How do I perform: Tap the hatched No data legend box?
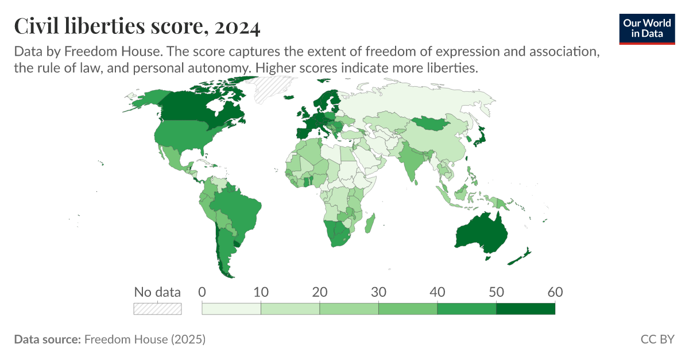point(157,309)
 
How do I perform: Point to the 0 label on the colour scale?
point(202,292)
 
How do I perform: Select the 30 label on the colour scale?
point(378,292)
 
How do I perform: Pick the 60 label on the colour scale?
point(555,292)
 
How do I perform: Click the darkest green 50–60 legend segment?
point(525,309)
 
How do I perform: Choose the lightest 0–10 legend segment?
point(231,309)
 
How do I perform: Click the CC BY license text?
point(657,339)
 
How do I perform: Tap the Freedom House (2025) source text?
point(145,339)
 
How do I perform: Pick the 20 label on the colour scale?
point(319,292)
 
